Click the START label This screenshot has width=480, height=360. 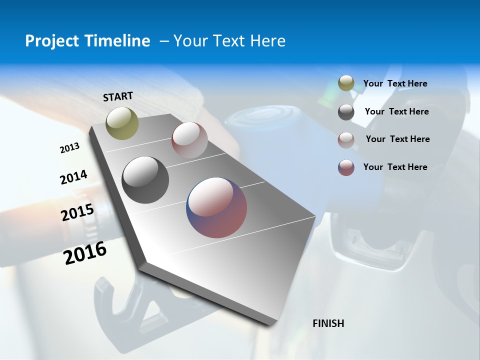tap(118, 96)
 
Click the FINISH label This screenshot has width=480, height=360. tap(328, 323)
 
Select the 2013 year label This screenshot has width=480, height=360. tap(69, 148)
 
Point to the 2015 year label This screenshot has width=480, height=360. tap(77, 212)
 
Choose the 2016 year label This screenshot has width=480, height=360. tap(85, 252)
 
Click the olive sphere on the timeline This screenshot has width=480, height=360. tap(122, 123)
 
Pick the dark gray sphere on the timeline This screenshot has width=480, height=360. tap(145, 180)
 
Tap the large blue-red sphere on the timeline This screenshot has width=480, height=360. tap(216, 207)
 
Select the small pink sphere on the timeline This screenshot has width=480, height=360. tap(189, 140)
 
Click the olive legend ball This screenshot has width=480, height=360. tap(346, 83)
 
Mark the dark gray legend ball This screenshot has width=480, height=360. tap(346, 112)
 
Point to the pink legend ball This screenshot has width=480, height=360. tap(346, 139)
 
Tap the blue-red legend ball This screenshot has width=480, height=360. tap(346, 167)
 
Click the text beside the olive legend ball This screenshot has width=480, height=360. tap(395, 84)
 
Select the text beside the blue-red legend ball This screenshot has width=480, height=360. tap(395, 167)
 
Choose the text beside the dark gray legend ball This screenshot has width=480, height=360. tap(396, 111)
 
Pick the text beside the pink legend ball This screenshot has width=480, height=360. tap(397, 139)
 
